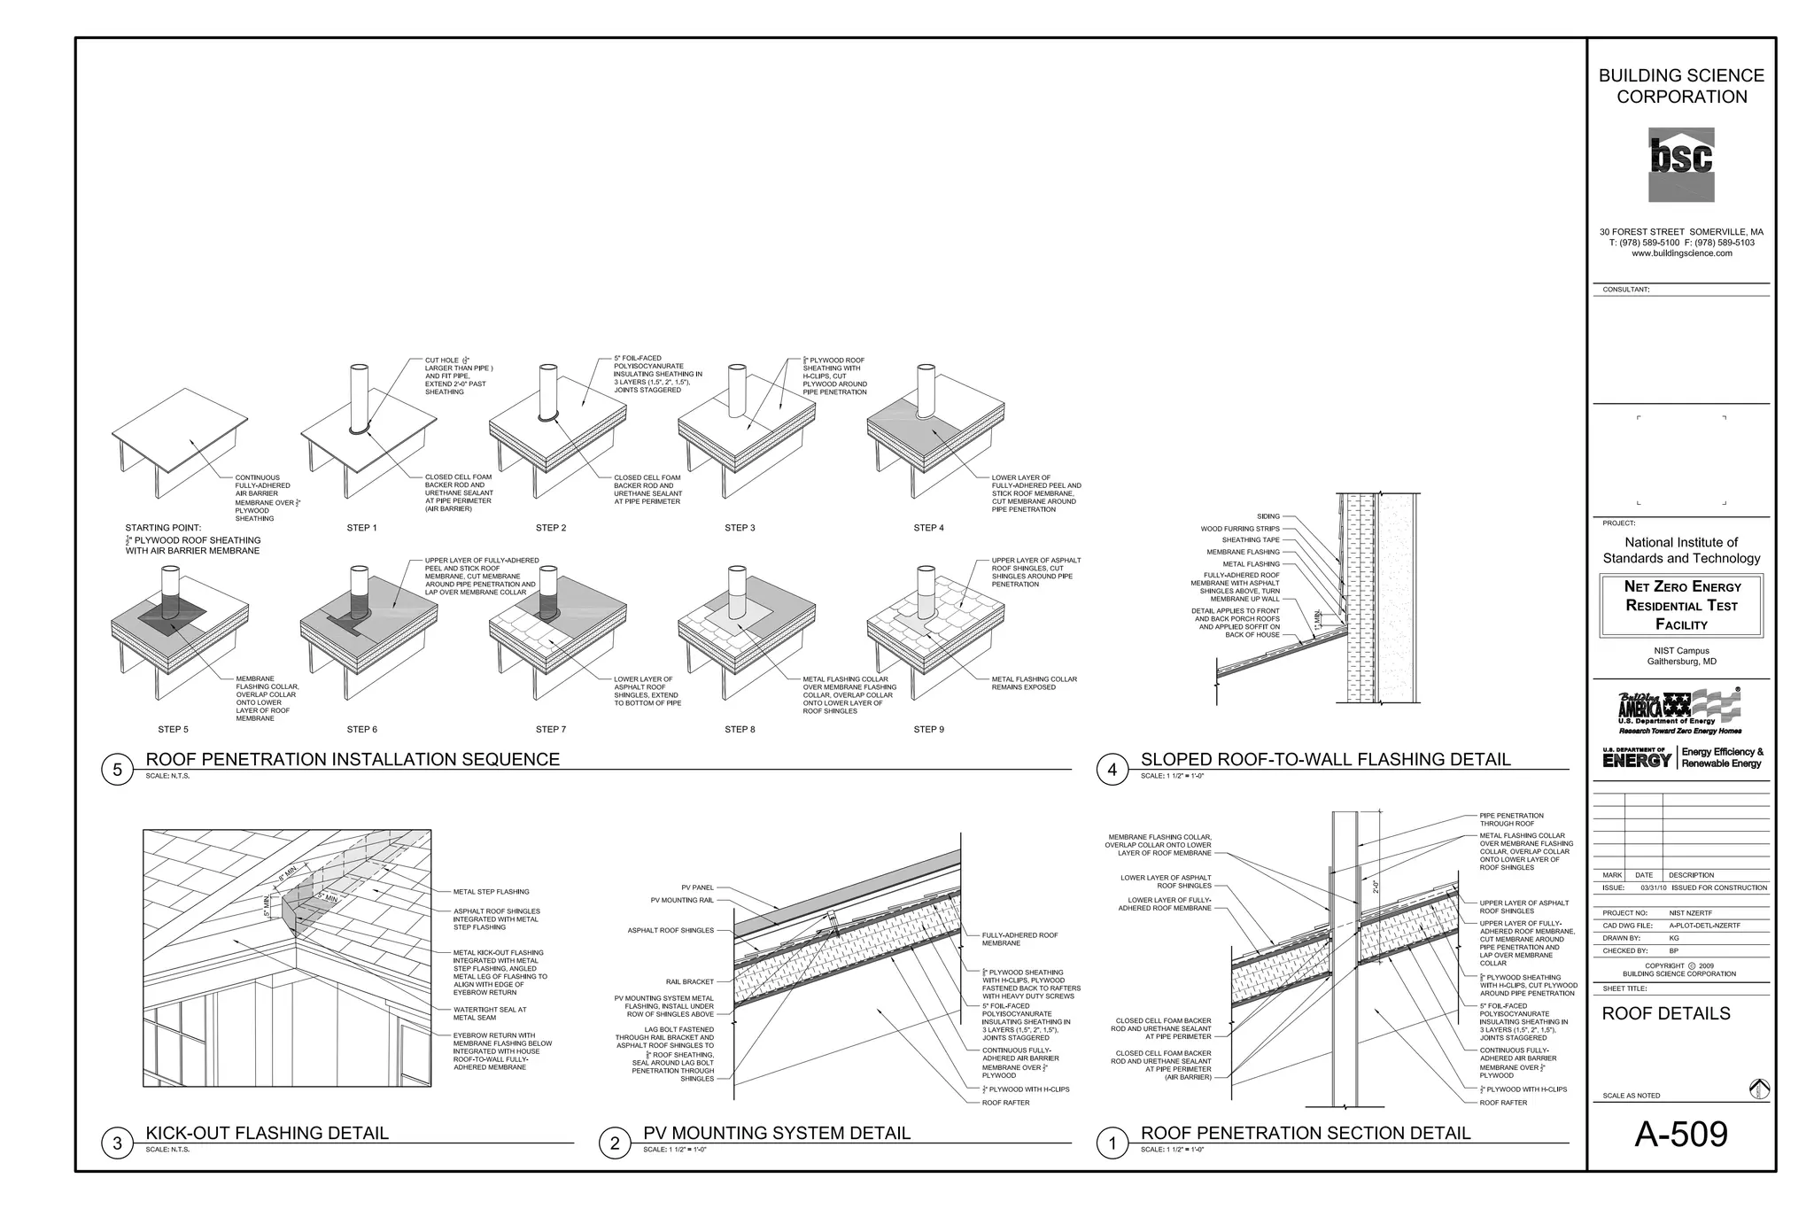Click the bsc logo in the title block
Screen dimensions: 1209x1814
(x=1680, y=164)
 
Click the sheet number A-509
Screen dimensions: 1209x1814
(x=1680, y=1135)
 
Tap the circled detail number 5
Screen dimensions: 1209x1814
(x=117, y=770)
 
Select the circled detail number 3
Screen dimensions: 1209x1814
(x=117, y=1143)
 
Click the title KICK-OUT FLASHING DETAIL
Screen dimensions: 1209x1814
(x=267, y=1133)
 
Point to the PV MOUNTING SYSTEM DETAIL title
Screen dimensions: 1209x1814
(x=776, y=1133)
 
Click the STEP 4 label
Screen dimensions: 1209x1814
(x=928, y=528)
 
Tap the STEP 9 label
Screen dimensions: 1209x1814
(x=928, y=730)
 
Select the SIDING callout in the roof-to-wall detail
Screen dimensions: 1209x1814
(x=1267, y=516)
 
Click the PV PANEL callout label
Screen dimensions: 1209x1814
(x=697, y=887)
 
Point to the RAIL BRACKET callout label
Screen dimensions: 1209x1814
(x=689, y=981)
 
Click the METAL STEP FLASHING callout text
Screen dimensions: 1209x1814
(x=491, y=892)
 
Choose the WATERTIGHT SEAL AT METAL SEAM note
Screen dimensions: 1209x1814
(x=489, y=1013)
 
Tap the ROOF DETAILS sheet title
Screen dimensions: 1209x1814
(x=1665, y=1013)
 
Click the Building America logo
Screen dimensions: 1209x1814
(x=1679, y=710)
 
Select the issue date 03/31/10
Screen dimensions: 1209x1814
(x=1653, y=887)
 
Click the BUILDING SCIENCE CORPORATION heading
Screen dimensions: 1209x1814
(x=1681, y=86)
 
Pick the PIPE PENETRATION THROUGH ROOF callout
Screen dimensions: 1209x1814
(x=1511, y=819)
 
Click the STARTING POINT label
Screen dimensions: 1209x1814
(x=163, y=528)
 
